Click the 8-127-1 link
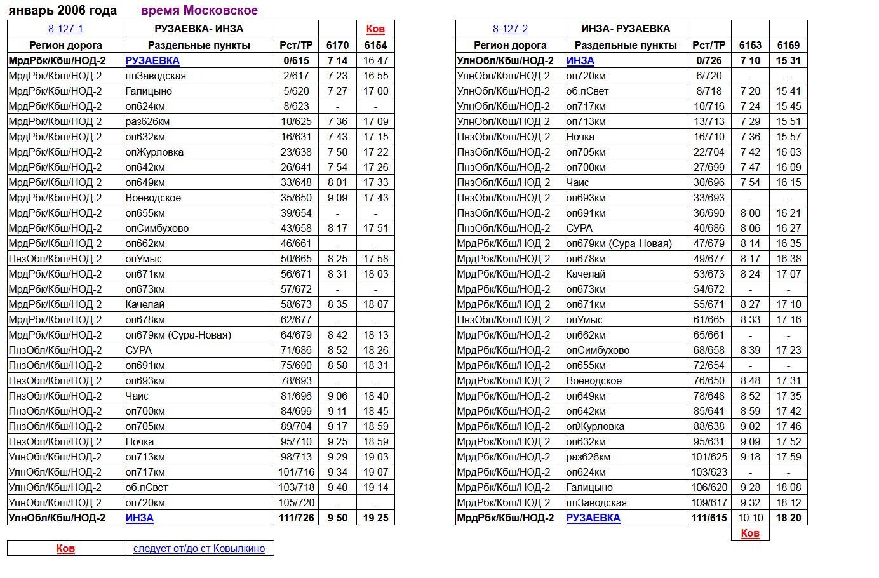65,29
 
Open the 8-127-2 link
510,29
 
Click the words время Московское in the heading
199,10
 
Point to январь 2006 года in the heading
62,10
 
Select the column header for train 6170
337,45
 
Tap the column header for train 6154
375,45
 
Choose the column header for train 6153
750,45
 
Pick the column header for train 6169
788,45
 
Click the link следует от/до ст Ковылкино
199,548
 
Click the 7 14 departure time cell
337,60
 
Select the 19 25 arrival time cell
375,518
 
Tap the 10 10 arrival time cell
750,518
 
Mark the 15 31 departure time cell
788,60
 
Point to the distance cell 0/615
296,60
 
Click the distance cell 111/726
296,518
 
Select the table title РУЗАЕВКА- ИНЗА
199,29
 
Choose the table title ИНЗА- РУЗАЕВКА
625,29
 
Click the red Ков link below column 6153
750,533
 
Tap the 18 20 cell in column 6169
788,518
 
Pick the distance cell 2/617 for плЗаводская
296,76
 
